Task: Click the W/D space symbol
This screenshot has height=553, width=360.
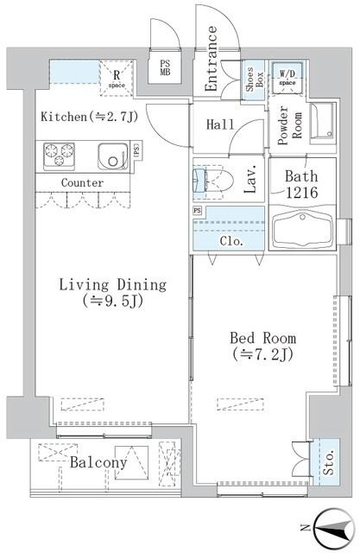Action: pyautogui.click(x=285, y=76)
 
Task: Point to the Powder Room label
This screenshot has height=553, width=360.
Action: pyautogui.click(x=283, y=127)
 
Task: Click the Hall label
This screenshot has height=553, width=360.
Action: pyautogui.click(x=220, y=125)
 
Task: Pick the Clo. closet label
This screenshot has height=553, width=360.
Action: pyautogui.click(x=231, y=241)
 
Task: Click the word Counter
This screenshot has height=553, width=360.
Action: pyautogui.click(x=83, y=183)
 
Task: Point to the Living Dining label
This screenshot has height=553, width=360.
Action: pyautogui.click(x=112, y=293)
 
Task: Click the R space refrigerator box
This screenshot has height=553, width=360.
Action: pyautogui.click(x=115, y=75)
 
